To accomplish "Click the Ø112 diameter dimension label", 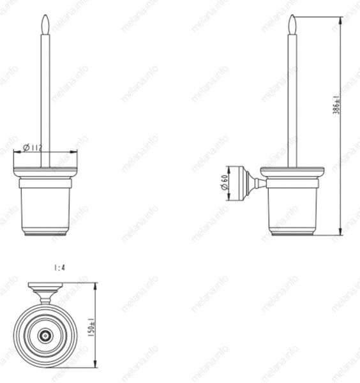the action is [x=33, y=147].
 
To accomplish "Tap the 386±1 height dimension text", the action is [x=336, y=105].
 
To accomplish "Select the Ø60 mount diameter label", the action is [x=224, y=182].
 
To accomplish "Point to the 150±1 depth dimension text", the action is [x=91, y=327].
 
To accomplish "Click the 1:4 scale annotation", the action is [x=59, y=267].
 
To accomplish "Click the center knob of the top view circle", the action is [x=45, y=335].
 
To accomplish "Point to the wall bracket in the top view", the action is [x=45, y=293].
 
